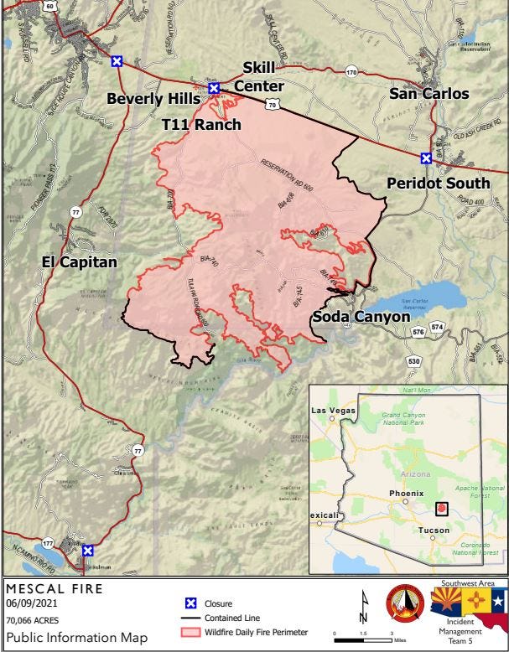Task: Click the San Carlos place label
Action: pos(428,94)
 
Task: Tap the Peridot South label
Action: pos(439,183)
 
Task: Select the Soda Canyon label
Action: pos(361,317)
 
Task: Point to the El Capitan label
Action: pos(80,262)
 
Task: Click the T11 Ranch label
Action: pos(201,125)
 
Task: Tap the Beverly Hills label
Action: pos(153,99)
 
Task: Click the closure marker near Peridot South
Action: pos(426,158)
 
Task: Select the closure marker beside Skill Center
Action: pos(214,88)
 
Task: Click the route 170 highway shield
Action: pos(351,74)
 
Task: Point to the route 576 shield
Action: pos(418,333)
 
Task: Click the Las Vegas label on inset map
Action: pos(335,411)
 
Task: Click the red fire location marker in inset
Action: pos(442,508)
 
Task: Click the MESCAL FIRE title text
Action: pos(55,588)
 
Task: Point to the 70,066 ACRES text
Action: pos(34,621)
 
